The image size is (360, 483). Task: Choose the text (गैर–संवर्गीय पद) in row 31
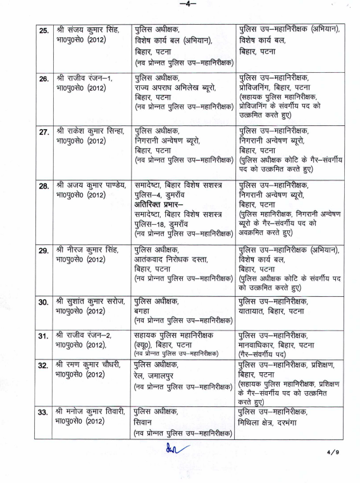point(265,355)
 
